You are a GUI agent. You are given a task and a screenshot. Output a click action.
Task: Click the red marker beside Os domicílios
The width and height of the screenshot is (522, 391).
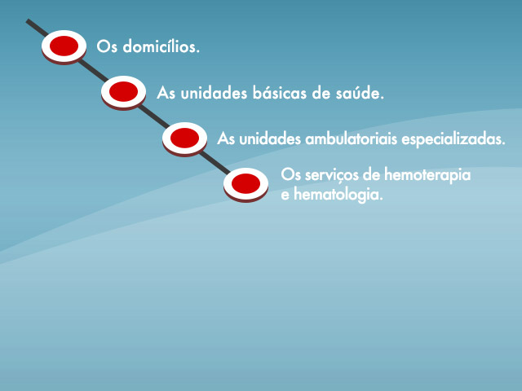tap(64, 47)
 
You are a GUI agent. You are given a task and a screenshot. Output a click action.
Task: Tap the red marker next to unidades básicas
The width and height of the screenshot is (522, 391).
tap(123, 92)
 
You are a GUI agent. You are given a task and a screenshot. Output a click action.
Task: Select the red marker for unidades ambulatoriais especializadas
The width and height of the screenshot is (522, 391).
tap(185, 138)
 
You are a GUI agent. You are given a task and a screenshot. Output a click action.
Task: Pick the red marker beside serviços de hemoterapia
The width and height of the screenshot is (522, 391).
tap(246, 185)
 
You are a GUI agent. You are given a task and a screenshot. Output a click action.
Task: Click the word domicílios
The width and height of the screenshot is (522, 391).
tap(161, 46)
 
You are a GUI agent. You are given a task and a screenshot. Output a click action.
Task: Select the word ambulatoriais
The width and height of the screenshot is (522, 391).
tap(352, 138)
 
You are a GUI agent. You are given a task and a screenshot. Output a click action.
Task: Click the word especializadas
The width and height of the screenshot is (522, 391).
tap(453, 139)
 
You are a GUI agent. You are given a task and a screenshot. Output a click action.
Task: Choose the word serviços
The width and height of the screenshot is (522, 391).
tap(332, 175)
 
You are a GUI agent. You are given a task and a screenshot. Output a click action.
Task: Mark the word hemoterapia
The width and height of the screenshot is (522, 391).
tap(427, 175)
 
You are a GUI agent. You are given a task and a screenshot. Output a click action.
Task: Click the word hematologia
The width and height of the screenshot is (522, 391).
tap(338, 195)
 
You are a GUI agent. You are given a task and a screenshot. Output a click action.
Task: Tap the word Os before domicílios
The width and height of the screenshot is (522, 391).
tap(107, 46)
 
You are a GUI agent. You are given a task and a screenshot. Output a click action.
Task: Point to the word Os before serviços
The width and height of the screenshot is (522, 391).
tap(291, 175)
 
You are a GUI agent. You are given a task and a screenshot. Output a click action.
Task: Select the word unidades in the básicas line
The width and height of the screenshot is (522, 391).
tap(214, 93)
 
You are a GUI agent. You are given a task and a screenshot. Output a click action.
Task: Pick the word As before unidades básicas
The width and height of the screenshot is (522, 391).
tap(166, 93)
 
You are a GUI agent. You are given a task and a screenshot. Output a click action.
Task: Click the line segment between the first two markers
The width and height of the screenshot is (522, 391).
tap(93, 71)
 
